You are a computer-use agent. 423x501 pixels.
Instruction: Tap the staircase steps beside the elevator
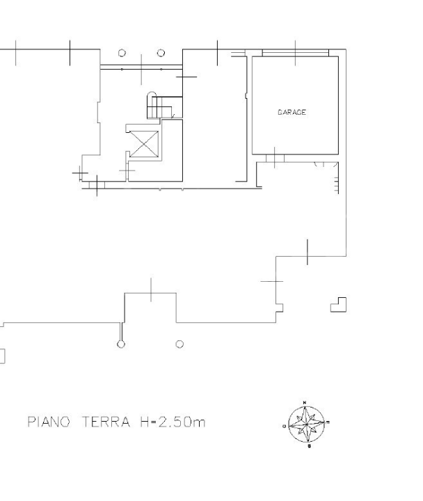[x=159, y=106]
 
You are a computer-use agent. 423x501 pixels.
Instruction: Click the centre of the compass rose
[x=307, y=422]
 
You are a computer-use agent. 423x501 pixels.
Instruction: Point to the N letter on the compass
[x=307, y=402]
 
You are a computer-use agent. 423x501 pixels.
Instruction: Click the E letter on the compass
[x=328, y=422]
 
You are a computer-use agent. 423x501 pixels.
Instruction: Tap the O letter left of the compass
[x=285, y=423]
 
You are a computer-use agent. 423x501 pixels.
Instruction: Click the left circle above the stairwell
[x=122, y=53]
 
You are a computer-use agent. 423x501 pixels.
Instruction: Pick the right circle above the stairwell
[x=161, y=53]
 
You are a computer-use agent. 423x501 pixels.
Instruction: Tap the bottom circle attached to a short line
[x=121, y=343]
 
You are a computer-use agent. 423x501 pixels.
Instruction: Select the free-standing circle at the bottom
[x=180, y=344]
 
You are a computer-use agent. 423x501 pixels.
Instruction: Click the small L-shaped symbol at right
[x=338, y=304]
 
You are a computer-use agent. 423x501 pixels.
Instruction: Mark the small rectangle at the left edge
[x=2, y=356]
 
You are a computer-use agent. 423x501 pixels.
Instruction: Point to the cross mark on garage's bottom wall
[x=275, y=157]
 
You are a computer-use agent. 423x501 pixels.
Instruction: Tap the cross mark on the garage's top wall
[x=296, y=51]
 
